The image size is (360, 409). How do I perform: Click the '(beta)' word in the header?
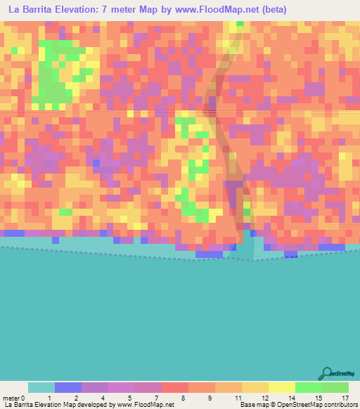coord(271,10)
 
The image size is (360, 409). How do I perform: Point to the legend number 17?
coord(345,398)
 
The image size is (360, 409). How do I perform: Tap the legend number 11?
coord(238,398)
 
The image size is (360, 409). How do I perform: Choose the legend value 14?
coord(291,398)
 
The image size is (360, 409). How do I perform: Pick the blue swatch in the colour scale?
coord(68,387)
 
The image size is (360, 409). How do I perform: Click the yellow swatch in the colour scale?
coord(282,387)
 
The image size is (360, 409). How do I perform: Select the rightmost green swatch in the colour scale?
coord(335,387)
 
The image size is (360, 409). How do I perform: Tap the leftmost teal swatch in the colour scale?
coord(41,387)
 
